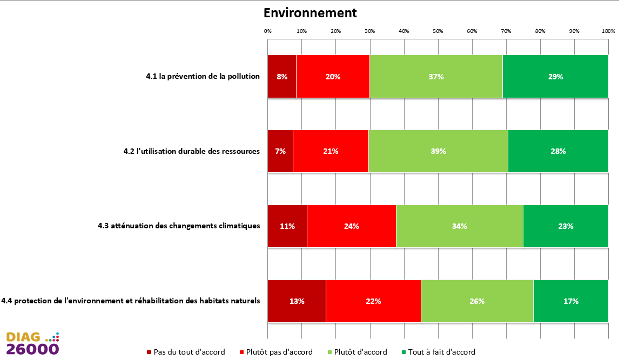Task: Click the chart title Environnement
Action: (310, 13)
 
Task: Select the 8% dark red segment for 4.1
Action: (282, 77)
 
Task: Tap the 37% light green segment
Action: (436, 77)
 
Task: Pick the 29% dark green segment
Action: (555, 77)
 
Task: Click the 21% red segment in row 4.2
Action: (331, 151)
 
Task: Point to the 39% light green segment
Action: (438, 151)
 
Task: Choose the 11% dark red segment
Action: (287, 226)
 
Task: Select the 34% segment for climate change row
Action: (460, 226)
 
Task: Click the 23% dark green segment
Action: (566, 226)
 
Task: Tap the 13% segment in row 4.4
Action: (297, 301)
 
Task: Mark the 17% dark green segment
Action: (571, 301)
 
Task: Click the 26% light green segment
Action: (477, 301)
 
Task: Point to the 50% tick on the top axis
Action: (438, 31)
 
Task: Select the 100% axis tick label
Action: (608, 31)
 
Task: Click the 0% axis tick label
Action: (268, 31)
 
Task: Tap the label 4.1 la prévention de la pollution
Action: (203, 76)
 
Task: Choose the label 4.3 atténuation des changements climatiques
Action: (179, 226)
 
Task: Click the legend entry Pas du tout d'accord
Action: (186, 352)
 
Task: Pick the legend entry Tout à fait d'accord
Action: (439, 352)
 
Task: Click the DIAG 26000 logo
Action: (33, 343)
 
